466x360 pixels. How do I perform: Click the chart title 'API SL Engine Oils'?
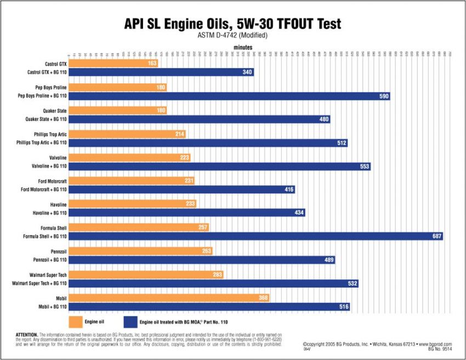tap(186, 24)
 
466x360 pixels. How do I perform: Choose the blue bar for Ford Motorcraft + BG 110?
tap(181, 190)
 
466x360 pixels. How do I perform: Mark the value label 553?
tap(365, 166)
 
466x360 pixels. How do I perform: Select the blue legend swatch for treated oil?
tap(130, 322)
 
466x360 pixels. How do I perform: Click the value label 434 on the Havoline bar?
tap(299, 213)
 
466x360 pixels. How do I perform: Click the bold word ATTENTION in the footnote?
tap(24, 334)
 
